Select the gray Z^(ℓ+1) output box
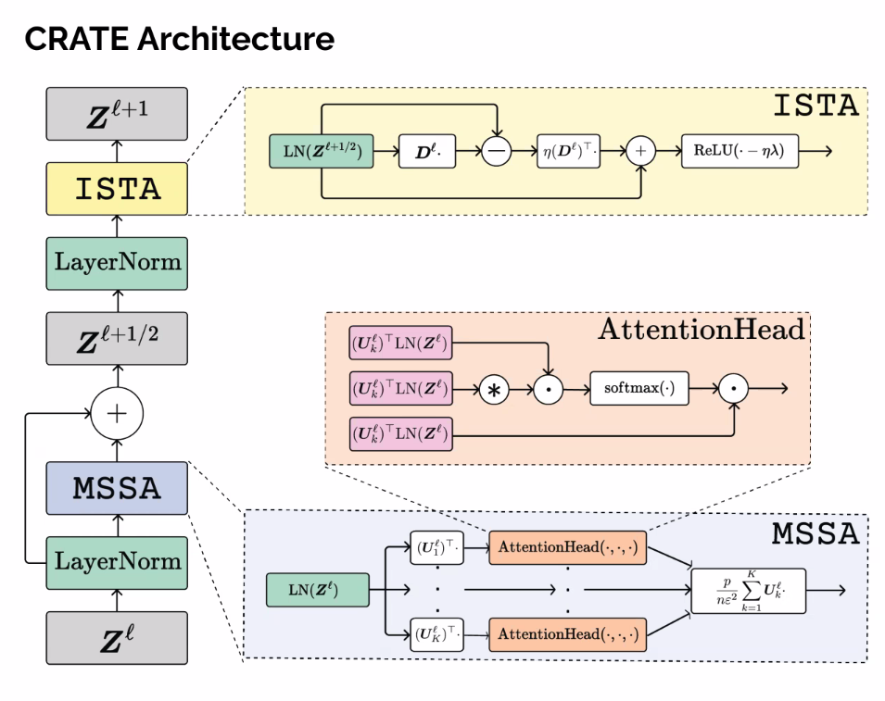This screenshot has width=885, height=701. pos(117,114)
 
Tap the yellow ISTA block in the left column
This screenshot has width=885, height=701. pos(117,188)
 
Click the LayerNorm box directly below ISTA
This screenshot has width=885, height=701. pos(117,261)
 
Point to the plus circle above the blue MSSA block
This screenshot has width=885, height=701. pos(117,413)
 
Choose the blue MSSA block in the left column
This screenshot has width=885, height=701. pos(117,487)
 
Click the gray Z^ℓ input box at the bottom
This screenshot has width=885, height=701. pos(117,637)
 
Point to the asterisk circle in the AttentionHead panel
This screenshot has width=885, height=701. pos(493,389)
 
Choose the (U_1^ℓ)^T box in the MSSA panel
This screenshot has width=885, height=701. pos(436,546)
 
